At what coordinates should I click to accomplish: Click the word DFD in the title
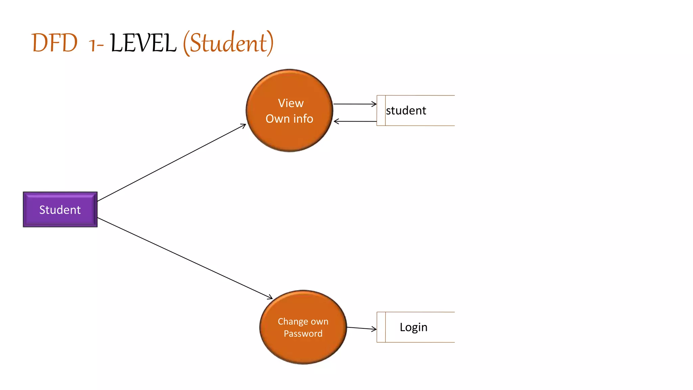(54, 43)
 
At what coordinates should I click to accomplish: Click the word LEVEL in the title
(143, 43)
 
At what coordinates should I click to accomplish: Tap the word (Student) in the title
(228, 43)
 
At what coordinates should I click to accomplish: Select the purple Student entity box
(60, 210)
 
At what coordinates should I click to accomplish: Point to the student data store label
(406, 111)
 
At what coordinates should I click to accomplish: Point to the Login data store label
(413, 327)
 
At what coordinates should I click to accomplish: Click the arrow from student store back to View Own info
(355, 121)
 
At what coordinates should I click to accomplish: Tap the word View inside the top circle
(291, 103)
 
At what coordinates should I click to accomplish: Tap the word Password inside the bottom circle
(303, 334)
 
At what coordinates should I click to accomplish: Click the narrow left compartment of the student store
(381, 111)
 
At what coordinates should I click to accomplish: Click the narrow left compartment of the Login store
(381, 327)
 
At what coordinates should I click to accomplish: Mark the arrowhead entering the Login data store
(374, 329)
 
